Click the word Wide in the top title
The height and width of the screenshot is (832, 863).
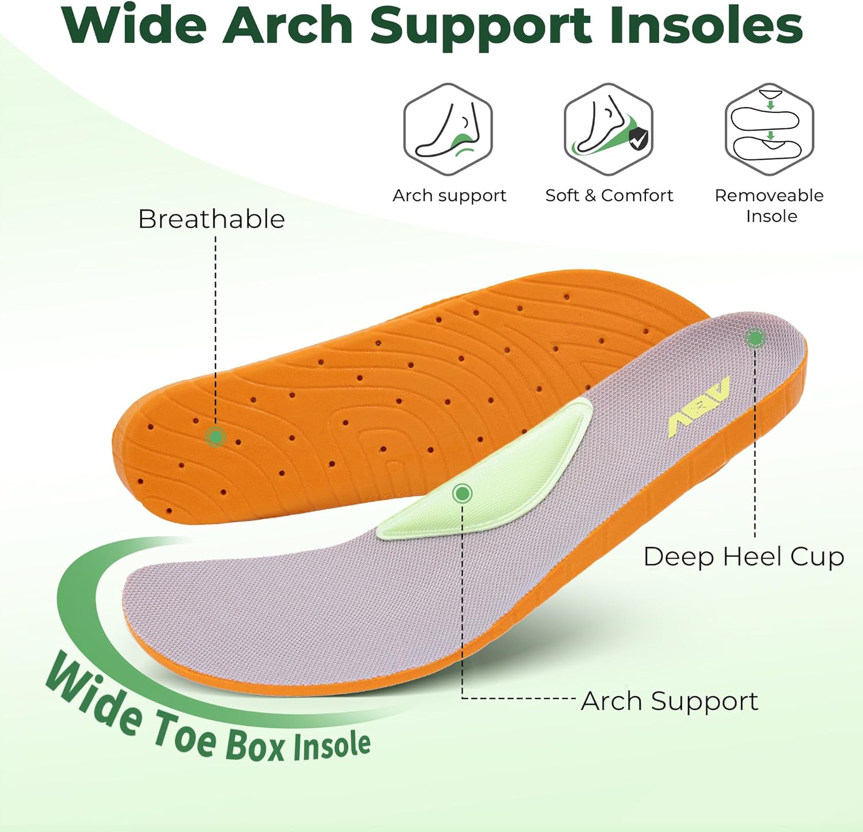pos(136,26)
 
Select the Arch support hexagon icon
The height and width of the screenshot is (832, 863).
pos(448,129)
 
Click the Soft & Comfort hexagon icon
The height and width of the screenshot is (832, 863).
pos(608,129)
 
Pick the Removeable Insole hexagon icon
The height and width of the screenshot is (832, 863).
pos(769,129)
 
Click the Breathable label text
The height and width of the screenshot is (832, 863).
pos(212,219)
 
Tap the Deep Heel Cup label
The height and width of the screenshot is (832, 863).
pos(743,557)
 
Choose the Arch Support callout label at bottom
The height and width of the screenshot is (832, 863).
pos(669,701)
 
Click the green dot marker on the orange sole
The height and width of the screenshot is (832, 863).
pos(216,437)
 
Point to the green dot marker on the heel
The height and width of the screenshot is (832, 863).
pos(754,338)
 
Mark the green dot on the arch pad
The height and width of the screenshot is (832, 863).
pos(462,493)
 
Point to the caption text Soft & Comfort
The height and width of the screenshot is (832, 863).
pos(609,196)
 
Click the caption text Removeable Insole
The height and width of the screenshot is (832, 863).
pos(770,205)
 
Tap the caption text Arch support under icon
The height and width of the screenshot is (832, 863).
pos(449,196)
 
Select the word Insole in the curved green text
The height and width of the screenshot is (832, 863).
pos(331,746)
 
